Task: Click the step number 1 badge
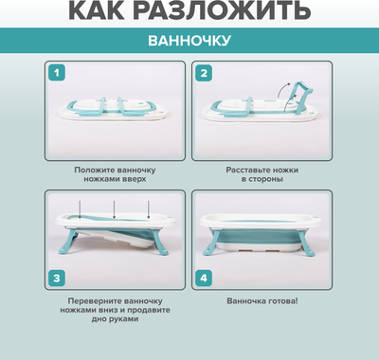tap(59, 73)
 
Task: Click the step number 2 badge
tap(203, 73)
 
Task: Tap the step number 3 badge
tap(59, 279)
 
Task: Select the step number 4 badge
tap(203, 279)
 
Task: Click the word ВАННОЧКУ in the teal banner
tap(189, 42)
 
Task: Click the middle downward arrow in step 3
tap(114, 207)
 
